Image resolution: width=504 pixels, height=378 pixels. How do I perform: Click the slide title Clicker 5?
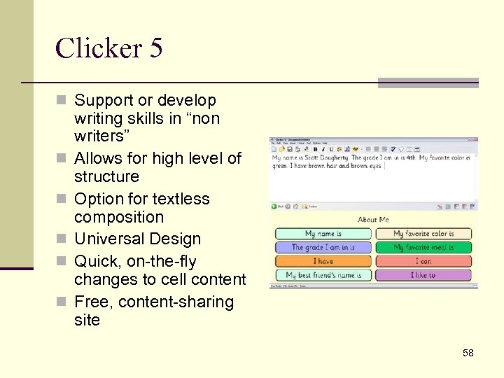pos(108,48)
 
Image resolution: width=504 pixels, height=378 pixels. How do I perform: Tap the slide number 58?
pos(468,353)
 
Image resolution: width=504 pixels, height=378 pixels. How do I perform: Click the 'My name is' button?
pos(323,234)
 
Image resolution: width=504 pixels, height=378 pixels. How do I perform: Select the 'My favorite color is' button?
pos(423,234)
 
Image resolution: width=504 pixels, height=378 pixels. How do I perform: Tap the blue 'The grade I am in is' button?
pos(323,247)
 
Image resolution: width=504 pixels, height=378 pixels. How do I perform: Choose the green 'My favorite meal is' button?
pos(423,247)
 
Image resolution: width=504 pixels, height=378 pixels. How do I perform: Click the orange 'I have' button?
pos(323,261)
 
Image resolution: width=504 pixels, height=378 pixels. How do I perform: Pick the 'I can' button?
pos(423,261)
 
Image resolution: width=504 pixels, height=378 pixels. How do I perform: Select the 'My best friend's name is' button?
pos(323,275)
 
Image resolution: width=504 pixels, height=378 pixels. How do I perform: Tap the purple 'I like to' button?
pos(423,275)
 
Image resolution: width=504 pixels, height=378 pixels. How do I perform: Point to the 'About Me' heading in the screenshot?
pos(373,220)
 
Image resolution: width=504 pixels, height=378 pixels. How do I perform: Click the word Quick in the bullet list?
pos(96,262)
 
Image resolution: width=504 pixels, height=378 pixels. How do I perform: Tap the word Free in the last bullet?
pos(92,302)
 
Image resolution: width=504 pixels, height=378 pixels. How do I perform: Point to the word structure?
pos(106,176)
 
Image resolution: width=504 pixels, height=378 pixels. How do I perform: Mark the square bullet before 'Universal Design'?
pos(65,239)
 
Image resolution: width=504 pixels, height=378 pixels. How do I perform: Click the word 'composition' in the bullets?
pos(119,217)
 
